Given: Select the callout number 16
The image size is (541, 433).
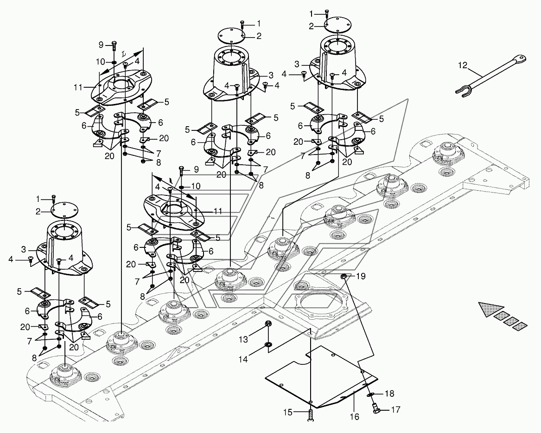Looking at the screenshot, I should pyautogui.click(x=354, y=416).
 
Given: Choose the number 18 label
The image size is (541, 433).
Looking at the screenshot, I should pyautogui.click(x=389, y=394).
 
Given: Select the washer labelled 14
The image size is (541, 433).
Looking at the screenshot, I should pyautogui.click(x=268, y=345).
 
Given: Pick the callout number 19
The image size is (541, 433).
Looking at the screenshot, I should pyautogui.click(x=360, y=276).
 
